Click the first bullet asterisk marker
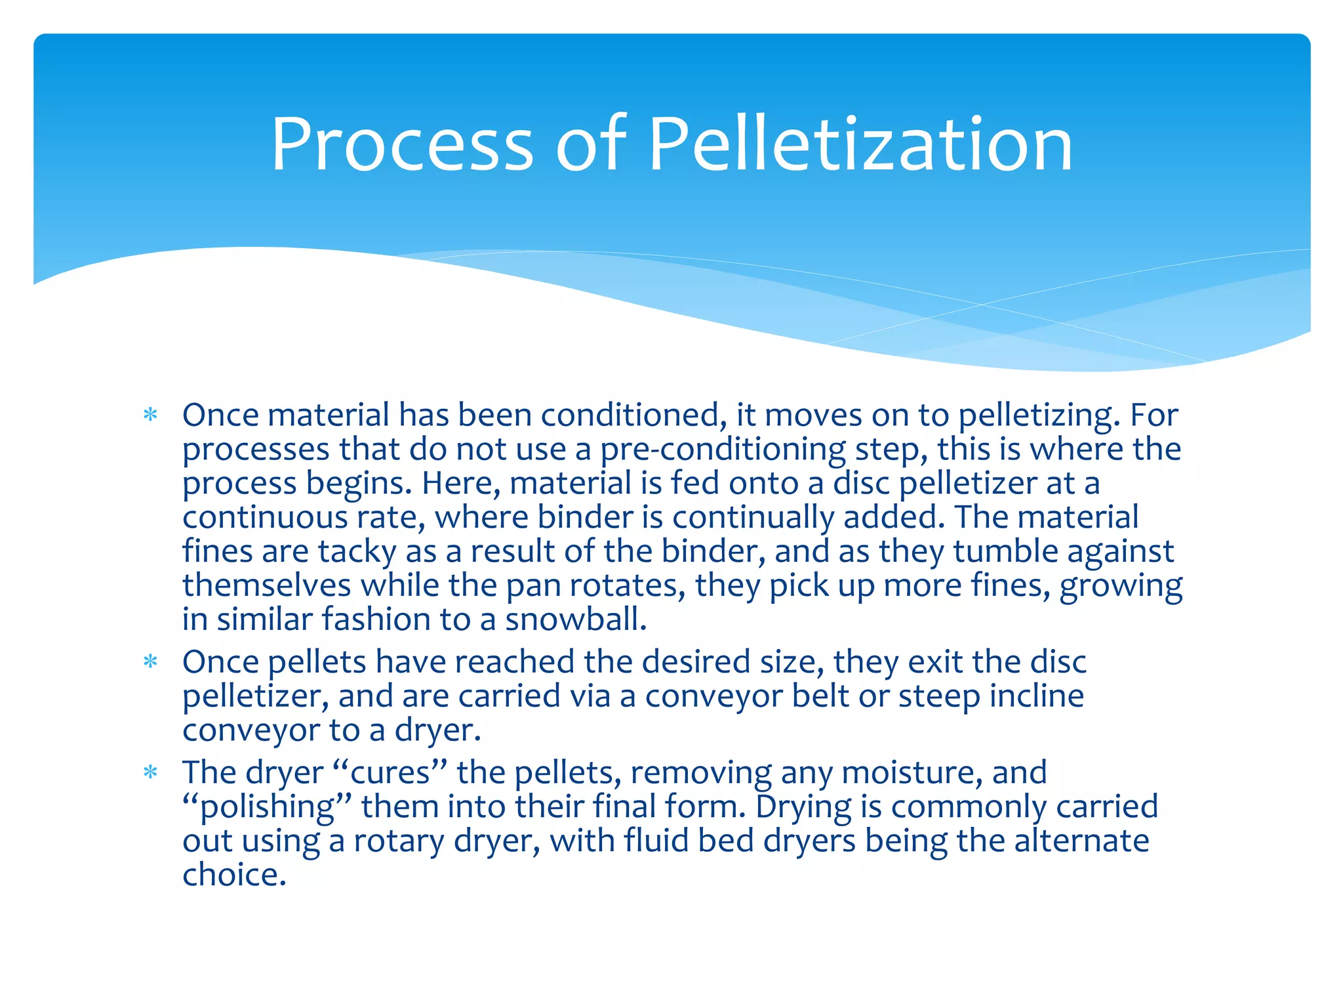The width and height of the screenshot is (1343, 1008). (151, 415)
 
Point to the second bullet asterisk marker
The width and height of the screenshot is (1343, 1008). (151, 661)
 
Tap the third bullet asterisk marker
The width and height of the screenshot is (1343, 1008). (151, 772)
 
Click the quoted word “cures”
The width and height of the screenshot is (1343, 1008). (391, 772)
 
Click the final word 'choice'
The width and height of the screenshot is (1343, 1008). (233, 875)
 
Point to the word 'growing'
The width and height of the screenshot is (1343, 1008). (1121, 585)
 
